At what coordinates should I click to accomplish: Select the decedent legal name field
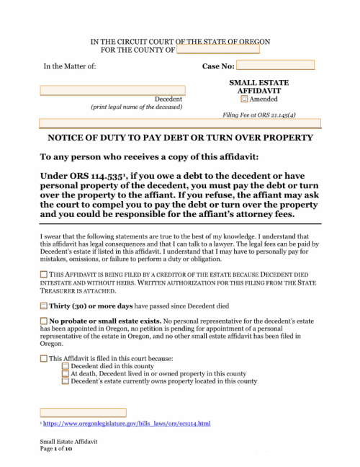(x=112, y=90)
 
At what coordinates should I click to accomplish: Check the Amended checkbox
(x=244, y=99)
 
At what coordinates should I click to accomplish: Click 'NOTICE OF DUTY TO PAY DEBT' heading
(x=180, y=138)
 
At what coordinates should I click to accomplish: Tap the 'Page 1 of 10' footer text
(x=58, y=448)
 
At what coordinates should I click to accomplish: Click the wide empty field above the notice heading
(x=180, y=123)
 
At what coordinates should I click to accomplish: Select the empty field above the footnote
(x=83, y=412)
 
